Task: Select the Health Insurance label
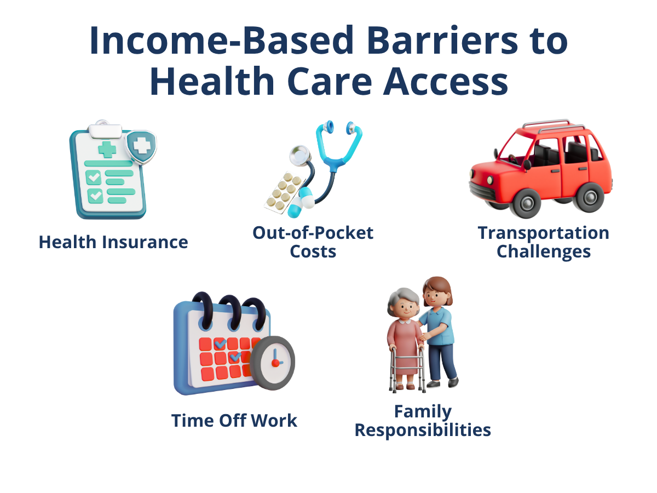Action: click(113, 242)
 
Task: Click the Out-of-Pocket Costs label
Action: click(313, 242)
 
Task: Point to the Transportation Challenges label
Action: click(543, 242)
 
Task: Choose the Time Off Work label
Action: click(234, 421)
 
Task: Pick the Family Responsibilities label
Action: click(423, 421)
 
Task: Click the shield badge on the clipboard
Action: click(141, 146)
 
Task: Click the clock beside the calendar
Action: click(273, 362)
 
